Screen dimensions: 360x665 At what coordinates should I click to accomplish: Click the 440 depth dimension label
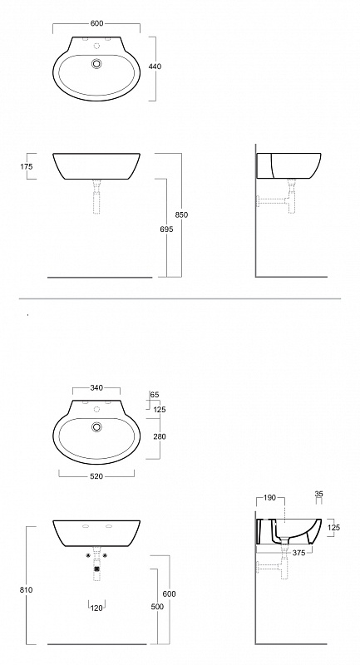pos(155,66)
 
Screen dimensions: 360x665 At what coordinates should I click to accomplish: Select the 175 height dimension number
pos(27,167)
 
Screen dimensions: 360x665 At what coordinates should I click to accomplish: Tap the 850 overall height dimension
pos(181,214)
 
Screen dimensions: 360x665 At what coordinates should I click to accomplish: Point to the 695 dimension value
pos(167,229)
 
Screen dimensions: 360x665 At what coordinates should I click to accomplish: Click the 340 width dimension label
pos(96,387)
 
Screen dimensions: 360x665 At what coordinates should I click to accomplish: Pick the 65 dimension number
pos(155,395)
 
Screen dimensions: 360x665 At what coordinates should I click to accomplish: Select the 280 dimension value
pos(160,436)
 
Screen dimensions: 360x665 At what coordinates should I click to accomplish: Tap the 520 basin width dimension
pos(96,476)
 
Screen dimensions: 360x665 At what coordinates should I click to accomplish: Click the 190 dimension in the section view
pos(269,497)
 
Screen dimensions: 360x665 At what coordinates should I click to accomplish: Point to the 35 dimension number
pos(319,494)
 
